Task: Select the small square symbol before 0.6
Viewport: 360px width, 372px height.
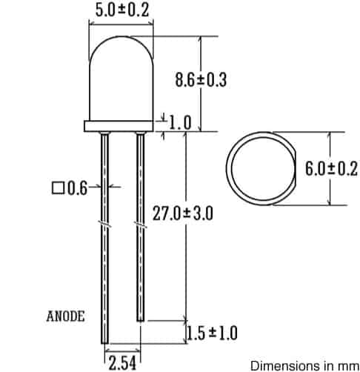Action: [x=57, y=188]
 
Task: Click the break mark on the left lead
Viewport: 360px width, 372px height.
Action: [x=104, y=222]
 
